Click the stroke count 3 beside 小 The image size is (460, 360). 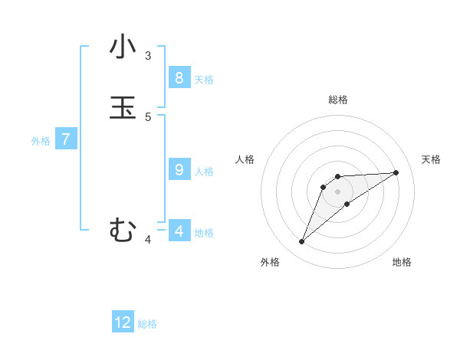pyautogui.click(x=148, y=56)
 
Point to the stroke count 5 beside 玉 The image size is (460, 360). pyautogui.click(x=148, y=117)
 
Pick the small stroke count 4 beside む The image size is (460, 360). pyautogui.click(x=148, y=240)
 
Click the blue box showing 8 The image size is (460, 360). pyautogui.click(x=179, y=78)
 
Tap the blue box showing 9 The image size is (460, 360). pyautogui.click(x=179, y=170)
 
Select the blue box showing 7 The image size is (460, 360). pyautogui.click(x=66, y=139)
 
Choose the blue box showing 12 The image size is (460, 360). pyautogui.click(x=123, y=322)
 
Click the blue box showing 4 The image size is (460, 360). pyautogui.click(x=179, y=231)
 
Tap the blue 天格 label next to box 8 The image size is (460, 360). pyautogui.click(x=204, y=80)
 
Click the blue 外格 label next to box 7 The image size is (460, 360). pyautogui.click(x=41, y=141)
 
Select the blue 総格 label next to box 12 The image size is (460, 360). pyautogui.click(x=147, y=324)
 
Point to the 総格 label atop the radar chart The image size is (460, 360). pyautogui.click(x=338, y=100)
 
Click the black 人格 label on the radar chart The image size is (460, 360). pyautogui.click(x=245, y=159)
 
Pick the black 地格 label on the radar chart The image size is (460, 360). pyautogui.click(x=402, y=262)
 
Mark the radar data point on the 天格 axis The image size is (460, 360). pyautogui.click(x=396, y=172)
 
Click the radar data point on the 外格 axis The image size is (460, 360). pyautogui.click(x=301, y=242)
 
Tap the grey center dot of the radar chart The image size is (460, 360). pyautogui.click(x=337, y=191)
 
